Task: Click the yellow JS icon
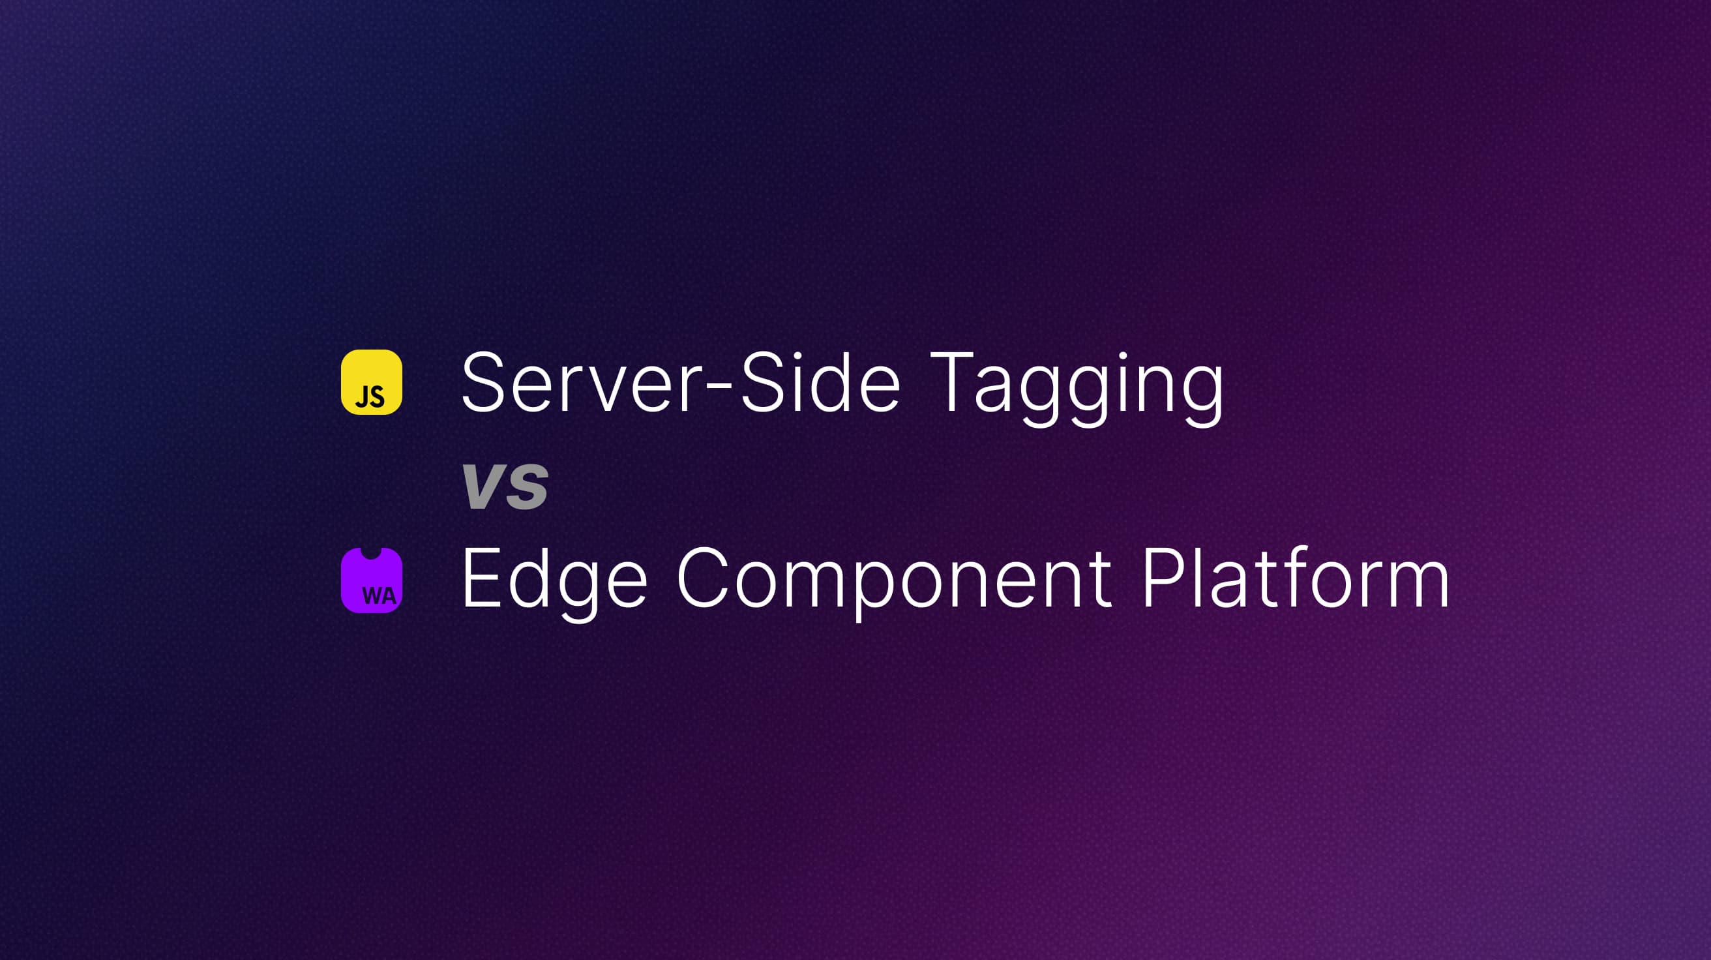point(371,382)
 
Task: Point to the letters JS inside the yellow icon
point(370,397)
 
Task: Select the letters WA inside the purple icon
point(379,595)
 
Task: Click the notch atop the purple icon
point(370,553)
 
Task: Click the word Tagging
point(1076,385)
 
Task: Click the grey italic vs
point(505,485)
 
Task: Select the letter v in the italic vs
point(483,487)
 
